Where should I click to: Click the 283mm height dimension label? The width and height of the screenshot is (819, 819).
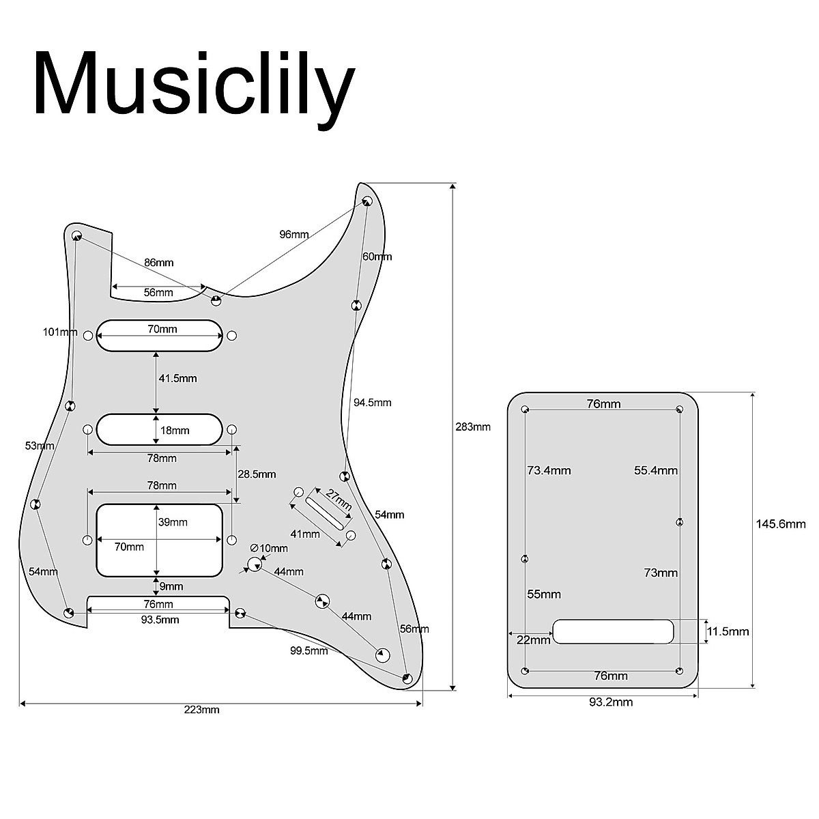pos(473,427)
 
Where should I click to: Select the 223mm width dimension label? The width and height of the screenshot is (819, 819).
pos(202,710)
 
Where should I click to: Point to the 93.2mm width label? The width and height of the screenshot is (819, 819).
pos(611,702)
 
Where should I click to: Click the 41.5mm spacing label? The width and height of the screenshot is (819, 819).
pos(178,378)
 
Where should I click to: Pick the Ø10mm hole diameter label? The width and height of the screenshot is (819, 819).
pos(270,548)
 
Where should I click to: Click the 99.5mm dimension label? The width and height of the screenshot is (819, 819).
pos(308,650)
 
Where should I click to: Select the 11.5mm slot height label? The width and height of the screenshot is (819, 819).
pos(728,631)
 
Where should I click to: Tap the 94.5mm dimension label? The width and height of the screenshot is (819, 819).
pos(372,403)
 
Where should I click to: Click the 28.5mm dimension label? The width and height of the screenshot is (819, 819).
pos(257,474)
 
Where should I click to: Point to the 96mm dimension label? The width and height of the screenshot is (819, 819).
pos(294,234)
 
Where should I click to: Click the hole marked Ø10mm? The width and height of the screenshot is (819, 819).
pos(255,564)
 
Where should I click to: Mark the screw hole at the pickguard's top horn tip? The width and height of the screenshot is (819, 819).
pos(367,201)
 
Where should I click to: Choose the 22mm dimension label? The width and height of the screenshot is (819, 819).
pos(533,640)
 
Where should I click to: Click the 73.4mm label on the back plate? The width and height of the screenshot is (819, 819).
pos(549,470)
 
